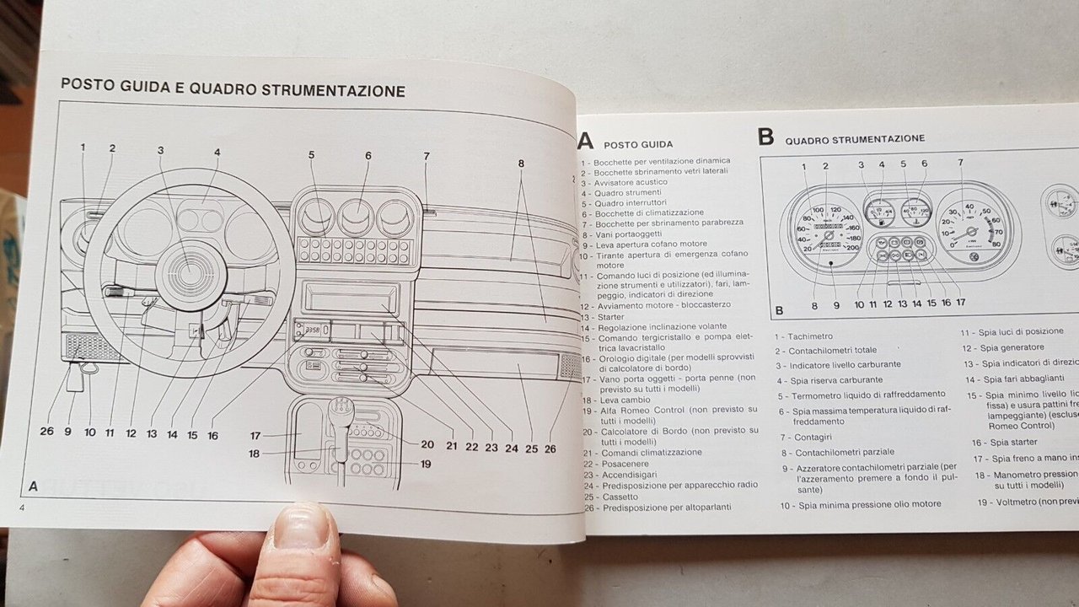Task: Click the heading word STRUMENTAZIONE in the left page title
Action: pyautogui.click(x=333, y=90)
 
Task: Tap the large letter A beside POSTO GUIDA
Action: pyautogui.click(x=586, y=140)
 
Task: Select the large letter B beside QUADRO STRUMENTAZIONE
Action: pyautogui.click(x=765, y=137)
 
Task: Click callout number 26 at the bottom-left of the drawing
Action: pyautogui.click(x=46, y=431)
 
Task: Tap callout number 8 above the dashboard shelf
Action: pyautogui.click(x=521, y=164)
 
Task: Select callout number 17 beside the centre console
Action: pyautogui.click(x=255, y=435)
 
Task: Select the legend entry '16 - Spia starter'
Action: pyautogui.click(x=1003, y=442)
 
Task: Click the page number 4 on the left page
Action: pyautogui.click(x=23, y=505)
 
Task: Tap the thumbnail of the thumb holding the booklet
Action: pyautogui.click(x=303, y=531)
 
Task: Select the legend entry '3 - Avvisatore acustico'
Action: pyautogui.click(x=624, y=181)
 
